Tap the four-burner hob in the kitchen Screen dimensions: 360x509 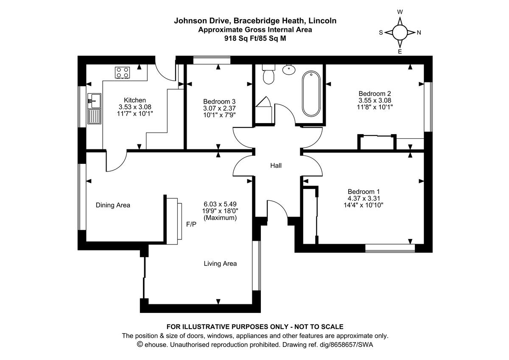[123, 73]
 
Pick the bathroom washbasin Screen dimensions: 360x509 [289, 69]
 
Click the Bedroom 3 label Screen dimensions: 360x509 [219, 101]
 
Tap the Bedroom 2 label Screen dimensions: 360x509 [375, 93]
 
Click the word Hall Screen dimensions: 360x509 [276, 166]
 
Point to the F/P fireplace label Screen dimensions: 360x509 [191, 224]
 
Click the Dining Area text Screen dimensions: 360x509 [113, 205]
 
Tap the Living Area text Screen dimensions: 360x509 [220, 264]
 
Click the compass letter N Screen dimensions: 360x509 [419, 33]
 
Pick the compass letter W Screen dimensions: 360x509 [400, 12]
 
